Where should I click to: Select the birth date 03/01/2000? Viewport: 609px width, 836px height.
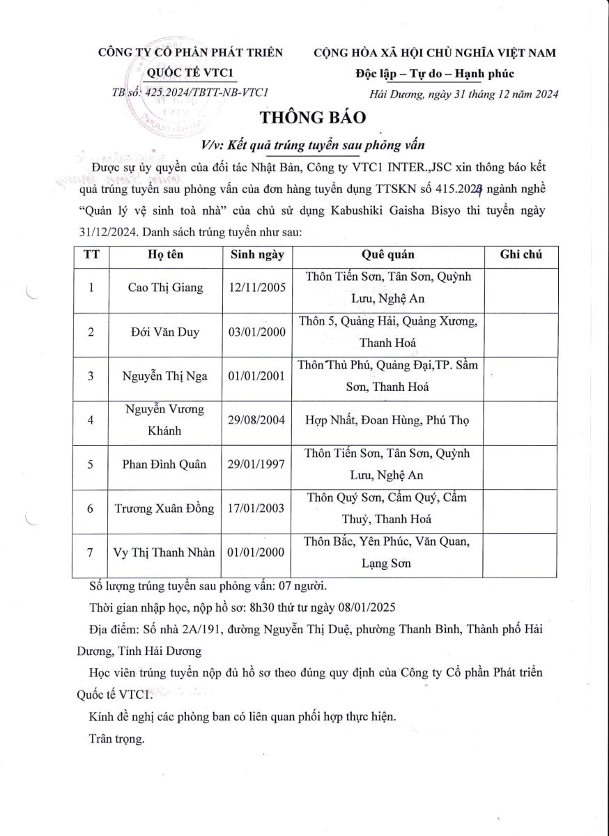point(257,332)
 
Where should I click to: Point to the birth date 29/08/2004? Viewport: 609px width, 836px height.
point(257,420)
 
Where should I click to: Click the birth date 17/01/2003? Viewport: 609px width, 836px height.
point(257,509)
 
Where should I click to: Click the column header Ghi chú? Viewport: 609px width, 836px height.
point(521,255)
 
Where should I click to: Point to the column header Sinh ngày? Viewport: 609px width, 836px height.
point(257,255)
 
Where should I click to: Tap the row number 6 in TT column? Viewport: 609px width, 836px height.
point(91,509)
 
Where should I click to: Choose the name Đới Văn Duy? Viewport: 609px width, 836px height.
point(166,332)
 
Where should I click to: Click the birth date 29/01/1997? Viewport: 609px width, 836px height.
point(257,465)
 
